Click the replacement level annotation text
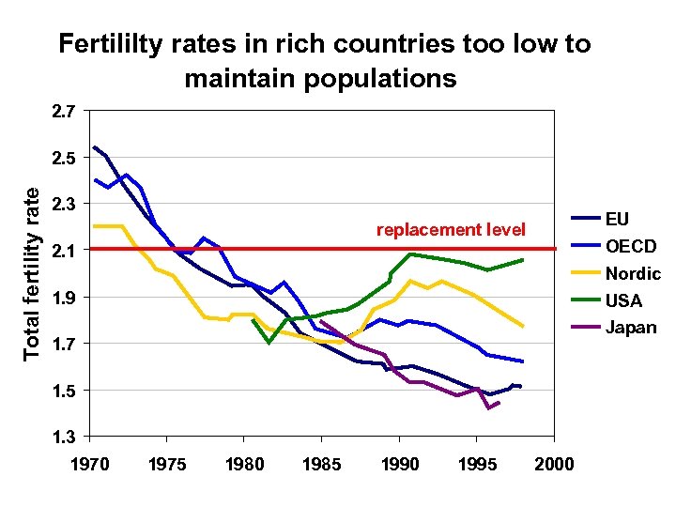[x=451, y=229]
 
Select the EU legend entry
[x=617, y=219]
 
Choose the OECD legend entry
[x=630, y=246]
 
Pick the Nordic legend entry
[x=633, y=273]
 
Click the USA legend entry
[x=622, y=300]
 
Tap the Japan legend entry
[x=631, y=328]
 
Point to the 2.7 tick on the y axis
[x=64, y=112]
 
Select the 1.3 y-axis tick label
[x=64, y=436]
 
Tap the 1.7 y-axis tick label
[x=64, y=344]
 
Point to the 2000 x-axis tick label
[x=554, y=464]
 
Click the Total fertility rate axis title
[x=32, y=273]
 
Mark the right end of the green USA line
[x=522, y=259]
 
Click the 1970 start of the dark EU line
[x=95, y=147]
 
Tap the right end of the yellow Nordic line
[x=522, y=326]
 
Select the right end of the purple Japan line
[x=499, y=403]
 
